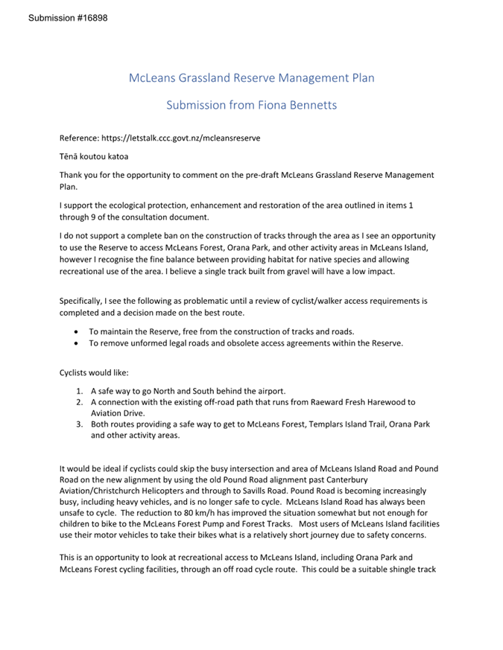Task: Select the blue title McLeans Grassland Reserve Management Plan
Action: (x=251, y=77)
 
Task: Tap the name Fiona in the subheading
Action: (x=251, y=105)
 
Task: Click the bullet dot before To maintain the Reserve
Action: (x=77, y=331)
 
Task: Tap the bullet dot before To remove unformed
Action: (x=77, y=343)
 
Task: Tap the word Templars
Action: (x=306, y=424)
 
